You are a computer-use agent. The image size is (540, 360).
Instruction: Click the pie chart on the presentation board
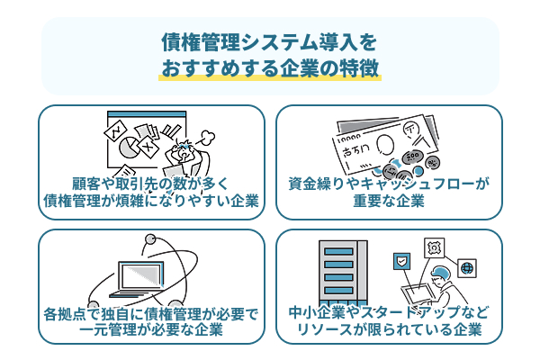click(x=136, y=145)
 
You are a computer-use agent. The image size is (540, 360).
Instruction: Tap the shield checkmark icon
click(x=400, y=262)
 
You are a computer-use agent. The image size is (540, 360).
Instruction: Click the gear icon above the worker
click(x=434, y=246)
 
